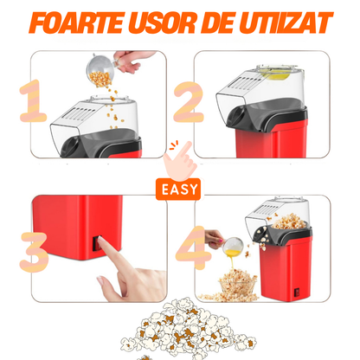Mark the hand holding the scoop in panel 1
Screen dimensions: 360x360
pyautogui.click(x=135, y=60)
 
